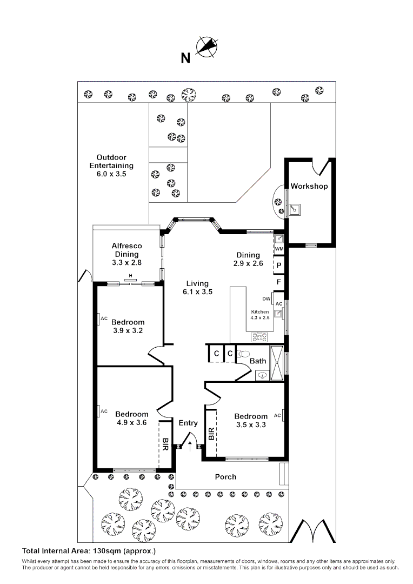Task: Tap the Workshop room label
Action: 309,186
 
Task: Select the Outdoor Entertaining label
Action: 111,166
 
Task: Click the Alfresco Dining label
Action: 127,254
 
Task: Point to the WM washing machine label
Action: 279,249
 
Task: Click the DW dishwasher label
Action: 266,298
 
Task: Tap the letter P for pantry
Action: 279,265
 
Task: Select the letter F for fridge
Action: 279,282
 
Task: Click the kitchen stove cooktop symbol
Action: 259,337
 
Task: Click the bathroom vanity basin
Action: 262,374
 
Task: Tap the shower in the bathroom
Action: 276,362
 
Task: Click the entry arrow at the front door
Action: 190,445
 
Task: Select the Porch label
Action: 225,476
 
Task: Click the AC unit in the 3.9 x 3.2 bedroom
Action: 101,319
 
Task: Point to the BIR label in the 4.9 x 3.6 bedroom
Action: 165,444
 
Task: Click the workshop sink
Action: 294,208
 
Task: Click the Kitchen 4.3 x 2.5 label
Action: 259,315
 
